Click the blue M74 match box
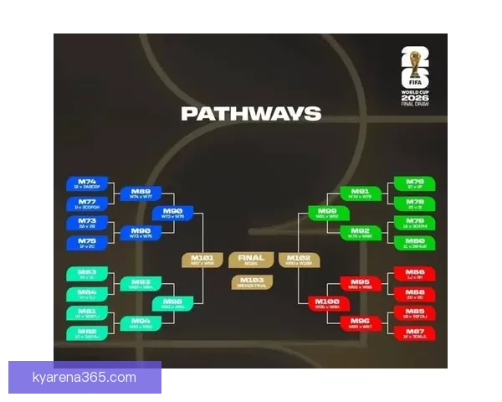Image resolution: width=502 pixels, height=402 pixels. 87,184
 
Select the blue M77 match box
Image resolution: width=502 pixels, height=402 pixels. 87,204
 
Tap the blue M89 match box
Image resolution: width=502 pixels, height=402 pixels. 141,193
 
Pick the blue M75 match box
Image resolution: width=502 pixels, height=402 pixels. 87,243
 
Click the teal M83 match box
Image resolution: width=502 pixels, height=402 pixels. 87,275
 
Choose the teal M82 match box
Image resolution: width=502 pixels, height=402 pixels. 87,333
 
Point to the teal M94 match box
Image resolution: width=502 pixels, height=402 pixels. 141,322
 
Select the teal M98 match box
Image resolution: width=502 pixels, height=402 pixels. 173,303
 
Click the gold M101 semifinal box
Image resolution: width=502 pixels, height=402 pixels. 202,260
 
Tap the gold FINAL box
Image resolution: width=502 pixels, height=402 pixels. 251,260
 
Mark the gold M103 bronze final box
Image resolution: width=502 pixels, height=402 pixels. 251,282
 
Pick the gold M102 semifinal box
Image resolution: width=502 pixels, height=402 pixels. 299,260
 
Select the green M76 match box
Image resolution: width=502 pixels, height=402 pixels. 415,183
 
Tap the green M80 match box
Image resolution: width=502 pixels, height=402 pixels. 415,243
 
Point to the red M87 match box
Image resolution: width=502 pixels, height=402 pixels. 415,333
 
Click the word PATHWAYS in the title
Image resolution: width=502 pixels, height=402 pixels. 251,114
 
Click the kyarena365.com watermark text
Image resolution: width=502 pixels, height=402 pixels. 84,378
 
